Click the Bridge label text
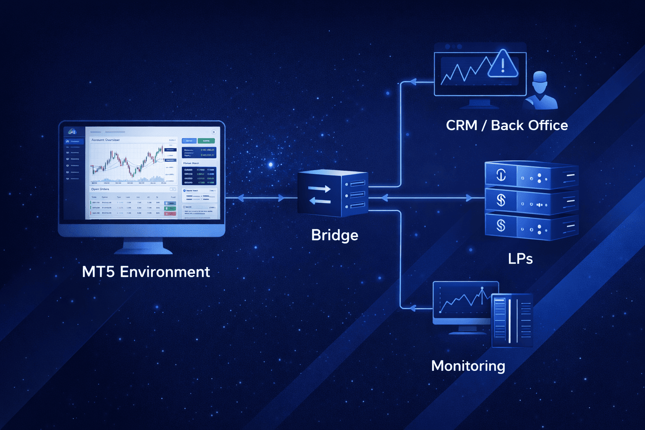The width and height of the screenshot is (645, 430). (335, 236)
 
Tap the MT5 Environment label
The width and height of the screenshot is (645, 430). (146, 272)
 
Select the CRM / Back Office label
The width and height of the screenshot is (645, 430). (506, 126)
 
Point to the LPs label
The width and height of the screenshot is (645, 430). (520, 259)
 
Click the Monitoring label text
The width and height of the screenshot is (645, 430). (468, 366)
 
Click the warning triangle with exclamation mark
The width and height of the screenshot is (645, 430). (503, 65)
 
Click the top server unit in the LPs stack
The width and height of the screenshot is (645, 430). (532, 175)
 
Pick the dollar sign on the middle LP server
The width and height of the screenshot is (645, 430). (501, 200)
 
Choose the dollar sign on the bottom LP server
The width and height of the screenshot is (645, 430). (501, 225)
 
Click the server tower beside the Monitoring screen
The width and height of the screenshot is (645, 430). (512, 320)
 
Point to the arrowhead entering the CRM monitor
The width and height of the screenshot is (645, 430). (412, 82)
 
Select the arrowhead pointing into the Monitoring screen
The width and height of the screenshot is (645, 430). (412, 309)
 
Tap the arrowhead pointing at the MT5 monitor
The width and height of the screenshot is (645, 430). (240, 198)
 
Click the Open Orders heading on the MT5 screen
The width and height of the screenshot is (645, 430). (100, 189)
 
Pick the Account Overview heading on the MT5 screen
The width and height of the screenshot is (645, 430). (105, 140)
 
